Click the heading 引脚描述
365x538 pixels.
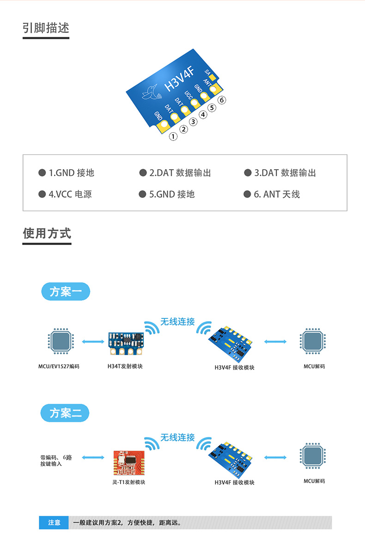pos(46,28)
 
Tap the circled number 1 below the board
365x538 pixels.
pos(173,136)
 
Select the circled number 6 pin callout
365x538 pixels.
pos(222,100)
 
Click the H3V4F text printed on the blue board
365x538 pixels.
pos(179,79)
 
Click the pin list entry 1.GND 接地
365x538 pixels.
pos(66,172)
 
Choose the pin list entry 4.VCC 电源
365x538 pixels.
pos(65,194)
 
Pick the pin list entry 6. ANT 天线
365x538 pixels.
pos(272,194)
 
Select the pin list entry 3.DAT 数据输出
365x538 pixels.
pos(280,172)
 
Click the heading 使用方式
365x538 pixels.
pos(47,233)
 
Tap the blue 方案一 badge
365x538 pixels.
pos(66,292)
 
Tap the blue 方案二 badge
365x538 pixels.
pos(65,413)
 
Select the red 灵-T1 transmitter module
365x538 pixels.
pos(129,463)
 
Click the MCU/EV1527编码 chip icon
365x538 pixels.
pos(61,341)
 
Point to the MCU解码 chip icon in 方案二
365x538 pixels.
pos(312,456)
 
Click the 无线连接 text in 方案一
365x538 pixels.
pos(178,322)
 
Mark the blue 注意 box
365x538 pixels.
pos(54,523)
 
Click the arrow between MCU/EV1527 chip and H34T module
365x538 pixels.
pos(93,342)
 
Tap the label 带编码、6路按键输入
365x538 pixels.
pos(56,460)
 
